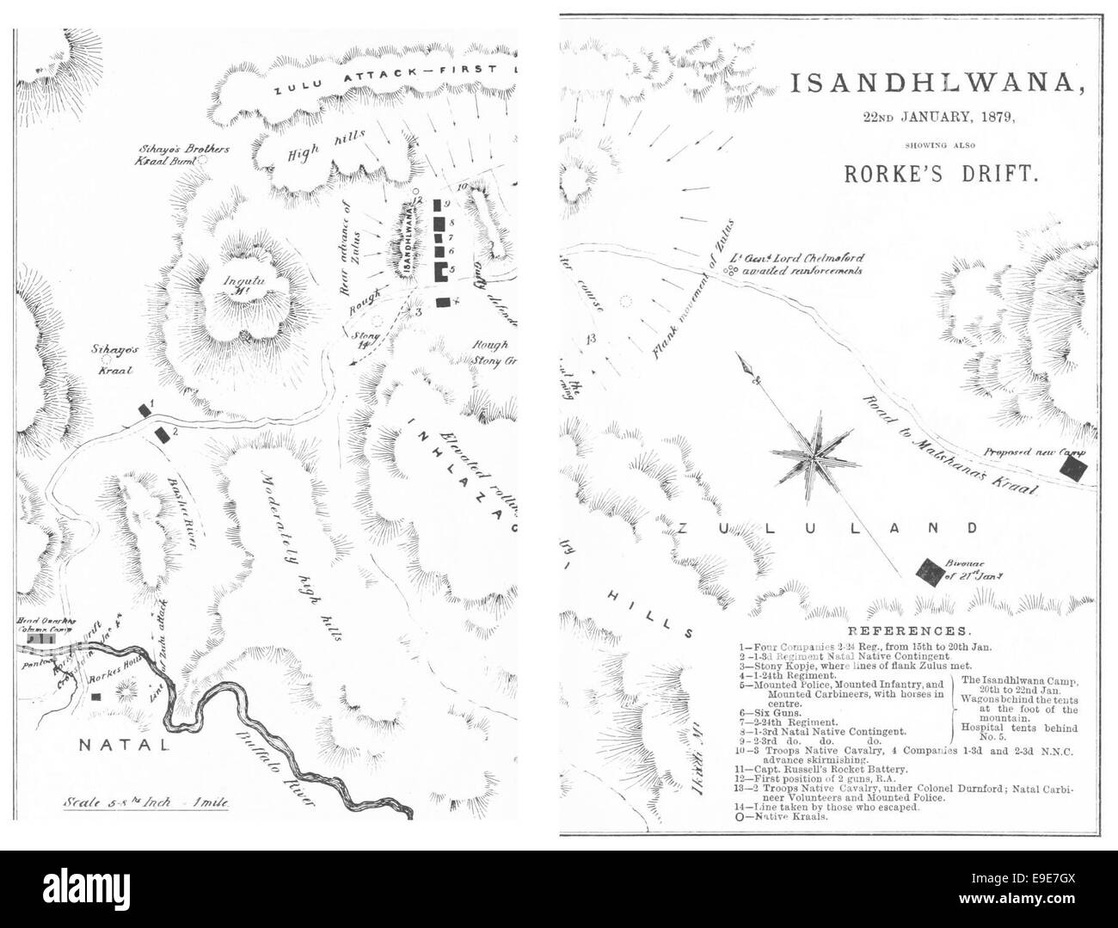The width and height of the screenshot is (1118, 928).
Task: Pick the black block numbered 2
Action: click(x=161, y=434)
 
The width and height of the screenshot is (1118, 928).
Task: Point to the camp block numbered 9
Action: click(x=438, y=206)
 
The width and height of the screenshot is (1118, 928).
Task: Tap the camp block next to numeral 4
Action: click(x=443, y=302)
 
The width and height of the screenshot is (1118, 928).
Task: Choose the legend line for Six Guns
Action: click(x=768, y=713)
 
